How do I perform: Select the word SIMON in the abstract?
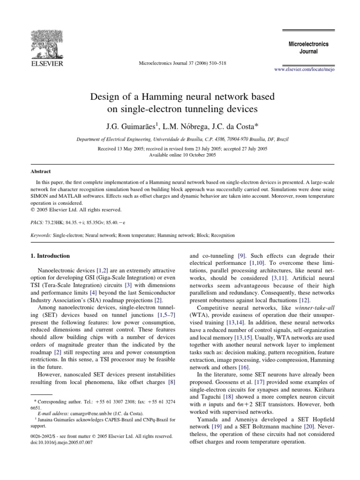pos(36,196)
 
